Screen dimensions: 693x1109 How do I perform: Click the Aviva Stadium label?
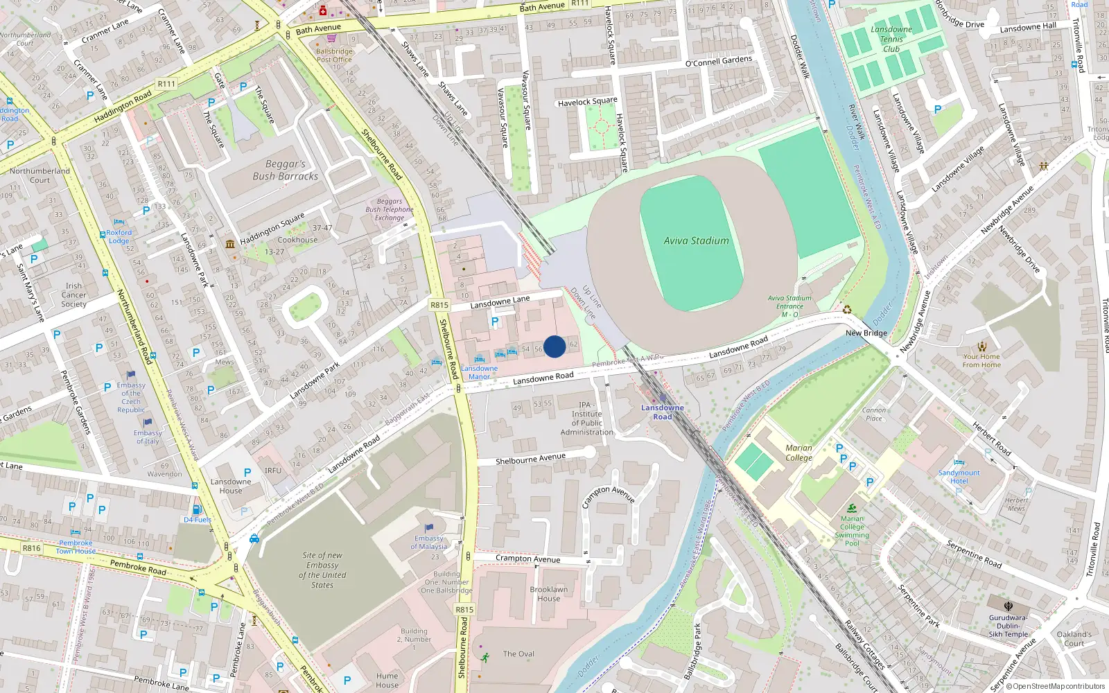click(x=696, y=240)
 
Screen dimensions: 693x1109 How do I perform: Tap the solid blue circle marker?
click(x=554, y=346)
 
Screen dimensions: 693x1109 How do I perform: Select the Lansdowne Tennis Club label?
click(x=891, y=39)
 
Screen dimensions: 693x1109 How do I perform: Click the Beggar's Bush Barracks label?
click(x=285, y=170)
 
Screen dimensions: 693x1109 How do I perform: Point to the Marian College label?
click(x=798, y=453)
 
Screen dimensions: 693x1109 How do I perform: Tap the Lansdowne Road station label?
click(x=662, y=412)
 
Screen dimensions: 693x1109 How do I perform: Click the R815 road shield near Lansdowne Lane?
click(x=439, y=305)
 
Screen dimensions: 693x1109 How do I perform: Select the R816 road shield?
click(x=31, y=548)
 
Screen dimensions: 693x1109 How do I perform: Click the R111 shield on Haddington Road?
click(x=166, y=84)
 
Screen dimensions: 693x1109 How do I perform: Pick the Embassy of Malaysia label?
click(x=430, y=542)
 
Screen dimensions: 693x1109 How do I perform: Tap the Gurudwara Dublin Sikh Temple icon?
click(x=1008, y=606)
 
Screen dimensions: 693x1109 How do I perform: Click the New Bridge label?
click(x=866, y=333)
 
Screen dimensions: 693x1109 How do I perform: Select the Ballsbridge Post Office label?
click(x=334, y=55)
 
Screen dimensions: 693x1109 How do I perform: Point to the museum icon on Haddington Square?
click(x=230, y=244)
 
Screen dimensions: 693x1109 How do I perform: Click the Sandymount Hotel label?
click(x=959, y=477)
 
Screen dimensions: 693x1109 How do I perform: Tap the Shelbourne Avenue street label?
click(x=530, y=459)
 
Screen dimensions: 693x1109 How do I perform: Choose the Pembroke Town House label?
click(x=76, y=547)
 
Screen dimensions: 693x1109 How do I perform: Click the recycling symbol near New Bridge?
click(x=847, y=310)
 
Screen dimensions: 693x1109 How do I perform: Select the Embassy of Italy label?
click(x=148, y=437)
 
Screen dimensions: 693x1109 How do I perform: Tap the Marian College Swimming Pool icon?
click(x=852, y=508)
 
